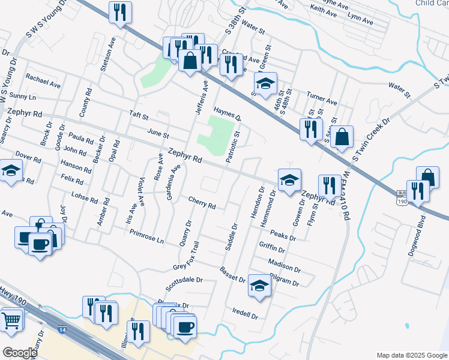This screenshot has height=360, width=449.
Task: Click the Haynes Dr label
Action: click(227, 112)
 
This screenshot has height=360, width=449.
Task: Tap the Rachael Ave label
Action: click(43, 80)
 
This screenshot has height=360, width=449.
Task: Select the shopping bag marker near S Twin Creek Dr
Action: click(342, 137)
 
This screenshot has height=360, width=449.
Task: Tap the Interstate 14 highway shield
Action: click(62, 330)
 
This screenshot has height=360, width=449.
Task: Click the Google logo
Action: click(19, 353)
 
